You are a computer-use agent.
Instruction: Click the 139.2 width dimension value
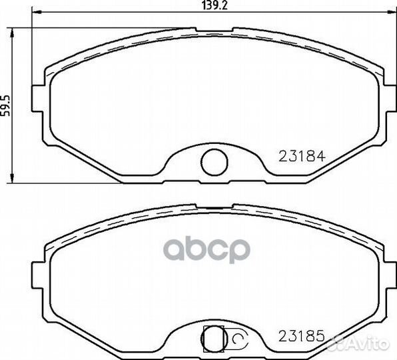(x=215, y=5)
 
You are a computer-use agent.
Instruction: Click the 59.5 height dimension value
(x=5, y=105)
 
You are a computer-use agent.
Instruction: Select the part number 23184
(x=302, y=156)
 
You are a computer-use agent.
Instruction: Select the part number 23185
(x=302, y=336)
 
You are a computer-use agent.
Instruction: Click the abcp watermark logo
(x=206, y=250)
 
